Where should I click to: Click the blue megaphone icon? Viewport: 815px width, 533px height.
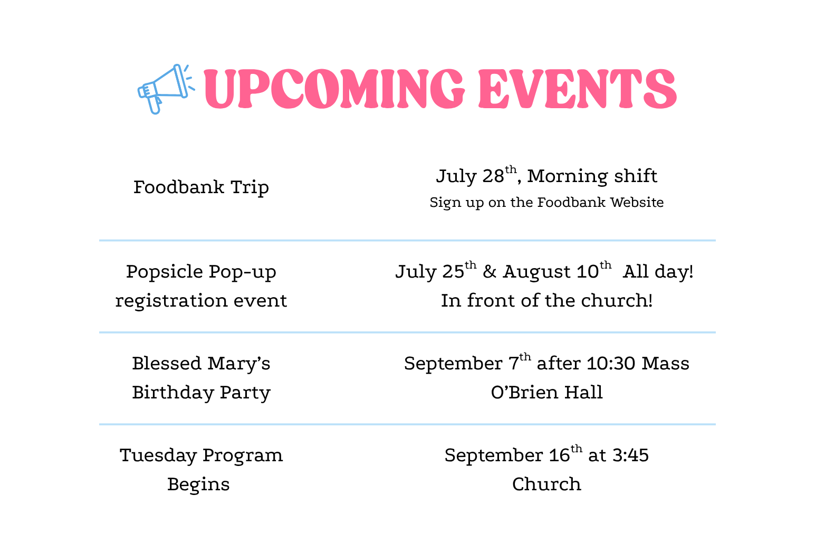click(x=166, y=89)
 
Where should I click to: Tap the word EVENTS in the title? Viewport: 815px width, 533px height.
click(x=578, y=89)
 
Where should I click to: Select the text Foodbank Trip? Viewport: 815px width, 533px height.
click(x=201, y=187)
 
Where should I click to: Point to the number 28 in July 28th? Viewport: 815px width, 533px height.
click(x=493, y=176)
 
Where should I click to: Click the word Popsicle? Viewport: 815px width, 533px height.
click(x=165, y=272)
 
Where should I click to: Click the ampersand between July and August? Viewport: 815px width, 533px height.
click(x=490, y=272)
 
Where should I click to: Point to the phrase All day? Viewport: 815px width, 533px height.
click(x=658, y=272)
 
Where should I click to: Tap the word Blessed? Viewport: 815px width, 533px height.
click(x=167, y=364)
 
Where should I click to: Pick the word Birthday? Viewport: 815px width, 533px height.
click(x=173, y=393)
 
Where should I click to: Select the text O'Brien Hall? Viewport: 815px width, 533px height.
click(x=547, y=393)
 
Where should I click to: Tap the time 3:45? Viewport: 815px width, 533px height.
click(x=630, y=455)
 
